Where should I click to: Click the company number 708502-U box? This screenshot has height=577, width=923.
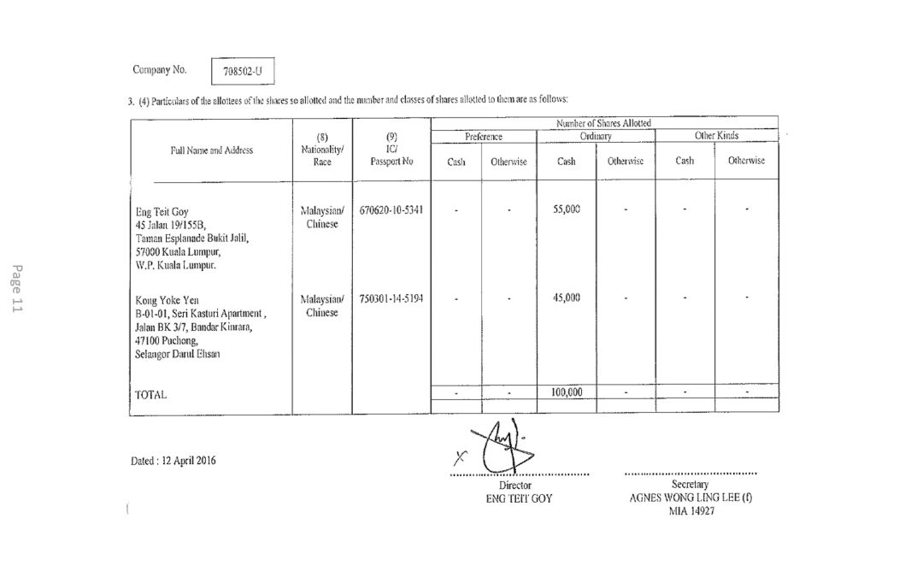pos(242,72)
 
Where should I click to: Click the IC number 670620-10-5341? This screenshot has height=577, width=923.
pos(391,210)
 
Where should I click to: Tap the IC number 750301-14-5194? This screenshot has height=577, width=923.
pos(391,299)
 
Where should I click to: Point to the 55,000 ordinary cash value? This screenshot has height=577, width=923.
pos(567,210)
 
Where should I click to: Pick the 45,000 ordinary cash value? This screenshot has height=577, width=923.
pos(567,298)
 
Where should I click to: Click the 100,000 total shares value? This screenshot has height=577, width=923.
pos(566,392)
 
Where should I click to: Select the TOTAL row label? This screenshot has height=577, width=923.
pos(151,396)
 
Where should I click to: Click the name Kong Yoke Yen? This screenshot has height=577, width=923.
pos(168,300)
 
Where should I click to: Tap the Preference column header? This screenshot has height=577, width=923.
pos(484,136)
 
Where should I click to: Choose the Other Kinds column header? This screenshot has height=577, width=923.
pos(716,136)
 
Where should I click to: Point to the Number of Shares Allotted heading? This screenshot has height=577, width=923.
pos(603,124)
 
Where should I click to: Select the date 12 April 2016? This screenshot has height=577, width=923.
pos(174,461)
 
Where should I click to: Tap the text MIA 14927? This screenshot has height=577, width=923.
pos(691,510)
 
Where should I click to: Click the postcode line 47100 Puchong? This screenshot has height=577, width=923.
pos(162,340)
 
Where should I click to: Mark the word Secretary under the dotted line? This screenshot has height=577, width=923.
pos(691,485)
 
